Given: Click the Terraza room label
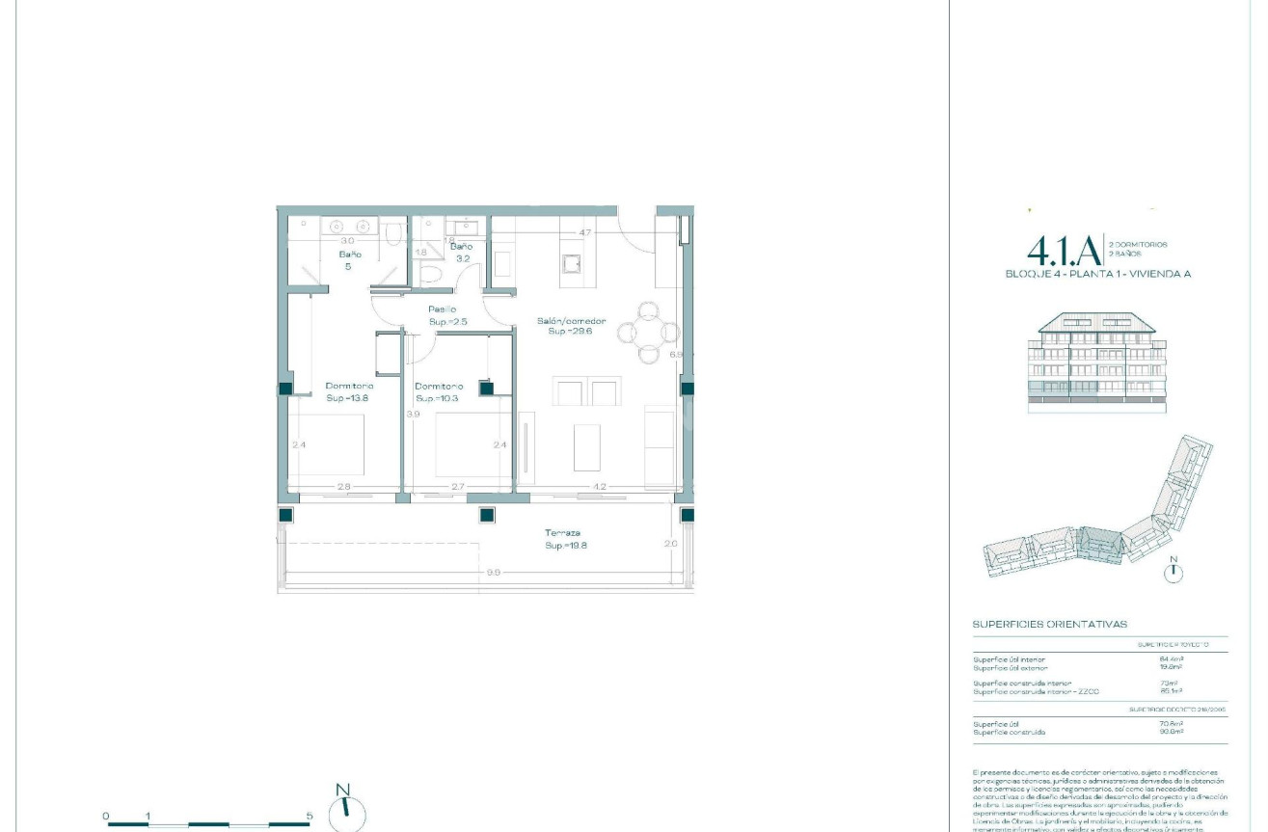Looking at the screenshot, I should click(x=562, y=533).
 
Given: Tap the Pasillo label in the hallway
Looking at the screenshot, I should click(x=443, y=309).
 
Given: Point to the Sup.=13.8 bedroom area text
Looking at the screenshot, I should click(x=348, y=397).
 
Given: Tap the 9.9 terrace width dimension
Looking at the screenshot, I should click(x=493, y=573).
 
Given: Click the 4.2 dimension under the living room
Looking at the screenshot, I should click(x=599, y=487).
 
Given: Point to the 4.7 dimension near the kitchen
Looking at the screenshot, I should click(x=584, y=232).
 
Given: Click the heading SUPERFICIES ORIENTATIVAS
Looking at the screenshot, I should click(x=1049, y=625).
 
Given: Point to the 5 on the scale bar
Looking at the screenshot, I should click(x=310, y=816).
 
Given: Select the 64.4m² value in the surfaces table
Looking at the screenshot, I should click(x=1173, y=659).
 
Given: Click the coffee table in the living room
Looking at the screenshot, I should click(x=587, y=446).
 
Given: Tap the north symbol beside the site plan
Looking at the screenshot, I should click(x=1174, y=572).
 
